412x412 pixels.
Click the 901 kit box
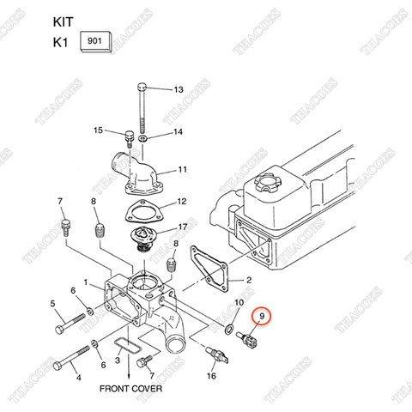(x=94, y=42)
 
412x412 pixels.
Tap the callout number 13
(x=179, y=90)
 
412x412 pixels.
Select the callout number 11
(x=182, y=169)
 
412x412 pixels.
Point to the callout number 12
(x=181, y=203)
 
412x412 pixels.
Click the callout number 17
(x=183, y=227)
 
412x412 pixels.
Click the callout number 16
(x=211, y=375)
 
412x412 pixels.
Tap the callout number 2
(x=249, y=280)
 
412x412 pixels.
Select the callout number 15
(x=98, y=130)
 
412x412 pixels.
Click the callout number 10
(x=238, y=305)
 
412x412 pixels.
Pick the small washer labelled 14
(x=142, y=137)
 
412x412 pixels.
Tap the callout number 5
(x=53, y=303)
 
